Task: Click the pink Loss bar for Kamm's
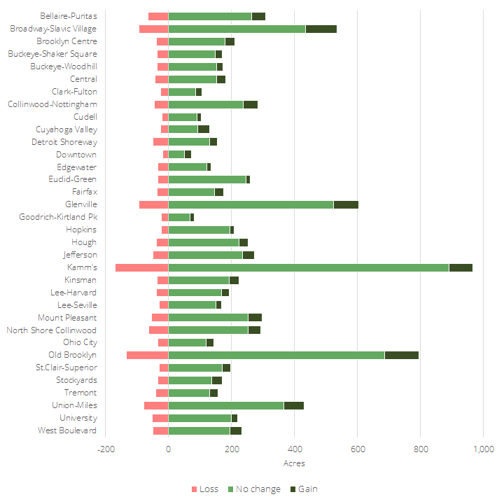(x=142, y=267)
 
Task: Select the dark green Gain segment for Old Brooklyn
(x=401, y=355)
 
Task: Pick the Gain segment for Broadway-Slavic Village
(x=321, y=29)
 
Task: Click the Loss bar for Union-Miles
(x=156, y=405)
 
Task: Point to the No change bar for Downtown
(x=176, y=154)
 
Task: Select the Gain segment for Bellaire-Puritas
(x=258, y=16)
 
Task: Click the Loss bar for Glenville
(x=153, y=204)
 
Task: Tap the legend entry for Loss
(x=204, y=489)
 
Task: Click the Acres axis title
(x=294, y=463)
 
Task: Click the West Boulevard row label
(x=67, y=430)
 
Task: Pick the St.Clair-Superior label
(x=66, y=367)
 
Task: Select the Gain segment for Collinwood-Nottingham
(x=251, y=104)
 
